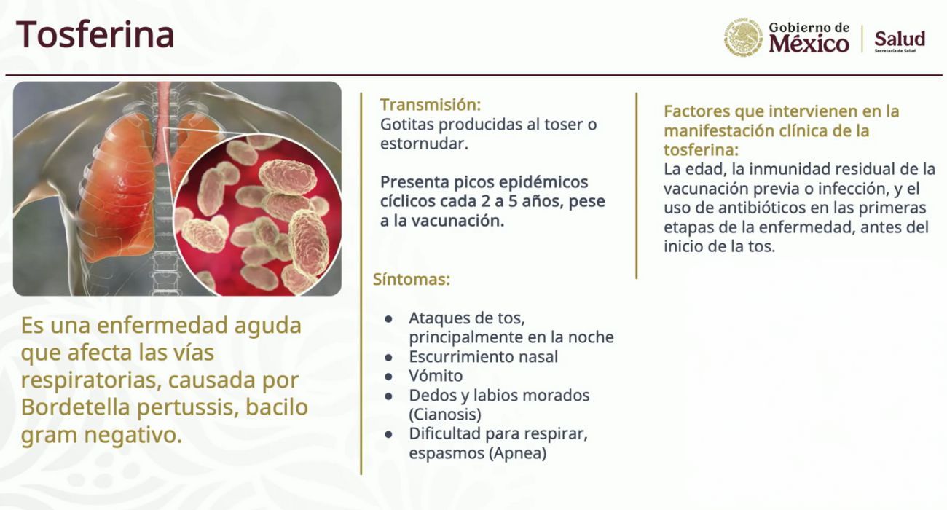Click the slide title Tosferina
[95, 34]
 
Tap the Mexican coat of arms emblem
[742, 38]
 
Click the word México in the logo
[809, 44]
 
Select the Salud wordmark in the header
[900, 39]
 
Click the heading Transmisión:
[431, 104]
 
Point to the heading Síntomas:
[412, 280]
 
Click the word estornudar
[424, 144]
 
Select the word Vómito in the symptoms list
[436, 375]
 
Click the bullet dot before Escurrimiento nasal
[388, 357]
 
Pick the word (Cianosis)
[445, 415]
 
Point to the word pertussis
[185, 408]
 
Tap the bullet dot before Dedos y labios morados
[388, 396]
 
